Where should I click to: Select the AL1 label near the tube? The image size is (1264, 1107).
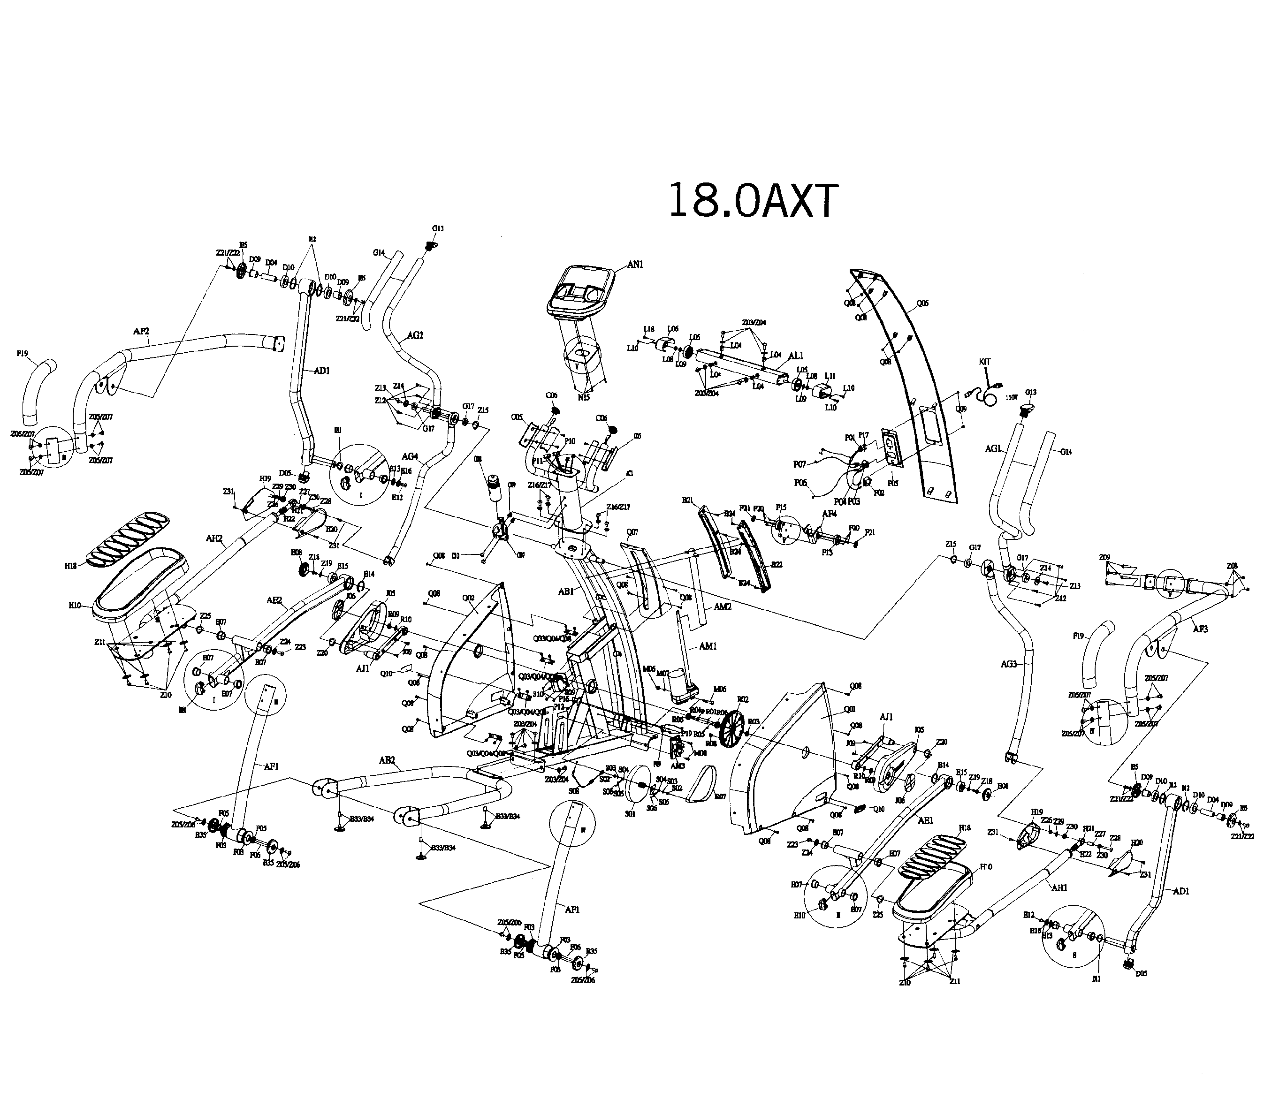796,356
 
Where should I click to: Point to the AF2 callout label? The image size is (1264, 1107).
142,331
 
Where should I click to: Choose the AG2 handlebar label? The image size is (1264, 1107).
415,335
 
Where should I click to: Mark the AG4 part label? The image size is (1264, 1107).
410,456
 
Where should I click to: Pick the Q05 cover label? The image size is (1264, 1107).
922,303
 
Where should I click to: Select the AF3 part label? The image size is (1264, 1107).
1200,629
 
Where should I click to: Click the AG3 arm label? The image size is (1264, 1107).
1008,664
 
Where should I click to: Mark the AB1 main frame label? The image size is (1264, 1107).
566,591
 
